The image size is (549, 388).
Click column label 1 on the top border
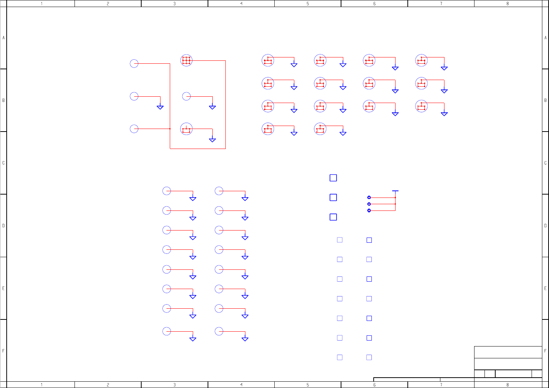(42, 4)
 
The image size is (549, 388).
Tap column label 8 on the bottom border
(507, 385)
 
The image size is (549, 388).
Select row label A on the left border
(4, 38)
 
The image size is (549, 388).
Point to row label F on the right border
(545, 351)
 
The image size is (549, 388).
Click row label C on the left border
(4, 163)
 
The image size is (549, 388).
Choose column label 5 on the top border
(308, 4)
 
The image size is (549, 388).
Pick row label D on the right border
(545, 226)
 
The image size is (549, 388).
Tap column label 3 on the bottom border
(175, 385)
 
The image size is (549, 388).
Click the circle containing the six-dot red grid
(186, 60)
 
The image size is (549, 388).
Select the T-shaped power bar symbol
(395, 191)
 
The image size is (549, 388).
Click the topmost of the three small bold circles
(369, 198)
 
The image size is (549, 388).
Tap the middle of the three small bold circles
(369, 204)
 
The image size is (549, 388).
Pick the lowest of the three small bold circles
(369, 210)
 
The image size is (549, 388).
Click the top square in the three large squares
(333, 178)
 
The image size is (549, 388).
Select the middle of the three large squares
(333, 198)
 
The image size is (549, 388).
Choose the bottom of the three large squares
(333, 217)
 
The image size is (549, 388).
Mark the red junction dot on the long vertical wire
(170, 129)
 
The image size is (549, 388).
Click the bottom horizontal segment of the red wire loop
(198, 149)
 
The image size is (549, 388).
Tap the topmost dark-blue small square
(369, 240)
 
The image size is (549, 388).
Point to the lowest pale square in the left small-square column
(340, 357)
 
